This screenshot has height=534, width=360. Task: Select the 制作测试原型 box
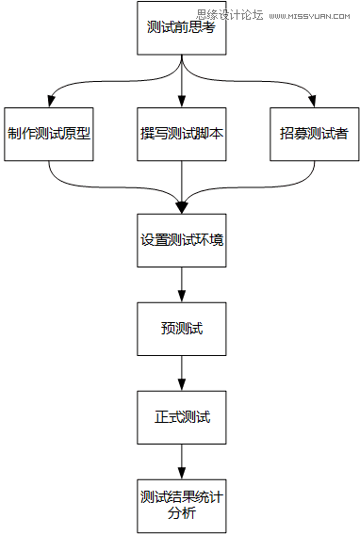click(49, 132)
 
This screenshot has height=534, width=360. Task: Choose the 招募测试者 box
click(314, 132)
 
